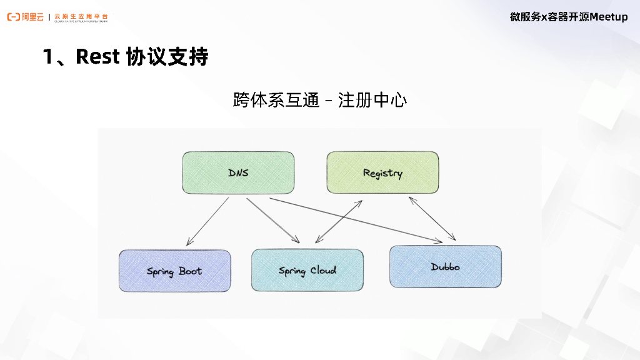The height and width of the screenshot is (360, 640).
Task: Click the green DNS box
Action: [238, 172]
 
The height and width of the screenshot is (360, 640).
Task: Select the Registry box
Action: [382, 172]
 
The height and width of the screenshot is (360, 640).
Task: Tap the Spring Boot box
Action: [174, 271]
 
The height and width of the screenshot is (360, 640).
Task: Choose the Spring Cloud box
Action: [307, 271]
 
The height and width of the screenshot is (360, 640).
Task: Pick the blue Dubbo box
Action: [445, 267]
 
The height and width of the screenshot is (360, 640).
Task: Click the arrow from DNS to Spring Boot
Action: [207, 221]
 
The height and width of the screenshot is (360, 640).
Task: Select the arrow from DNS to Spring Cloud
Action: [273, 221]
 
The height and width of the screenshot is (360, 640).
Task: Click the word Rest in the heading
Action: [96, 57]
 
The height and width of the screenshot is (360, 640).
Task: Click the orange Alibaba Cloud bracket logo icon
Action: [13, 17]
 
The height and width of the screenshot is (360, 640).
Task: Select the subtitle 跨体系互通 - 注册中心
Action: [319, 100]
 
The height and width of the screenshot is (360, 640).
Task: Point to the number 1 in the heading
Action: [48, 57]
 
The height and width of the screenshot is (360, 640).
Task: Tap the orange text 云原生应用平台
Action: [81, 15]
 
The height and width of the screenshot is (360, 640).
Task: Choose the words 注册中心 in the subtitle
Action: [372, 100]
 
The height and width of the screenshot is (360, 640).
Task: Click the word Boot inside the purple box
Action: [190, 271]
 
